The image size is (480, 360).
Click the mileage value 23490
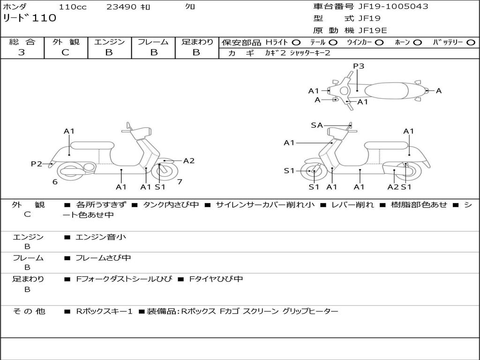click(x=121, y=7)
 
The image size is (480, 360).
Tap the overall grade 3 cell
click(x=22, y=52)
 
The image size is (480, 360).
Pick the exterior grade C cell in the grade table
click(x=65, y=52)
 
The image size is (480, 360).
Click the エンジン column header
click(x=109, y=42)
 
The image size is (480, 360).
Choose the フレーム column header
click(x=153, y=42)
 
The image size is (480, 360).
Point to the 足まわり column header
click(x=197, y=42)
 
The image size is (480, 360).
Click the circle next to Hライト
click(x=296, y=43)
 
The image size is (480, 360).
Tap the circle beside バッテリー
click(x=471, y=43)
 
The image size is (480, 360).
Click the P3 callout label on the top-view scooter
click(x=359, y=66)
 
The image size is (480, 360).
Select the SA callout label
click(x=317, y=125)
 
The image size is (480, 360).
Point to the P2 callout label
click(x=37, y=164)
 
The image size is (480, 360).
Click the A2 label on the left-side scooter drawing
click(x=188, y=161)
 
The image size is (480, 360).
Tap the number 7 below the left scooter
click(x=180, y=181)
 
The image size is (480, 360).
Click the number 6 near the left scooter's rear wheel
click(x=55, y=182)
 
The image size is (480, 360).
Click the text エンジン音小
click(x=101, y=237)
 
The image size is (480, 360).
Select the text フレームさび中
click(x=103, y=258)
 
